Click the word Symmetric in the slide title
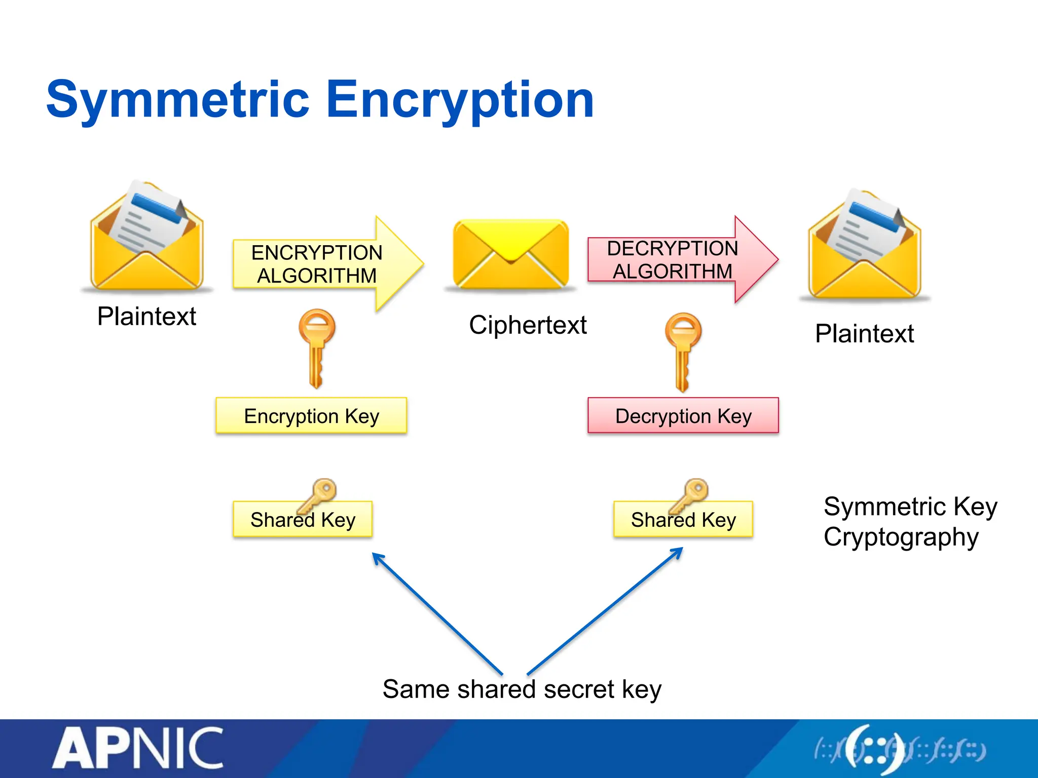177,100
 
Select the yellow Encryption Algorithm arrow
324,264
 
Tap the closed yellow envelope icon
511,253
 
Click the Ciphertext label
528,325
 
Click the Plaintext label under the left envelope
146,317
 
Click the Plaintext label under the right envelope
864,334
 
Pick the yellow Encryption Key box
311,416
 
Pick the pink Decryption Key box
683,416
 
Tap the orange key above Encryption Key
317,347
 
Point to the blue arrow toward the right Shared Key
606,610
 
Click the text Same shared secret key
522,689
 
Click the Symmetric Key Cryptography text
910,522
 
